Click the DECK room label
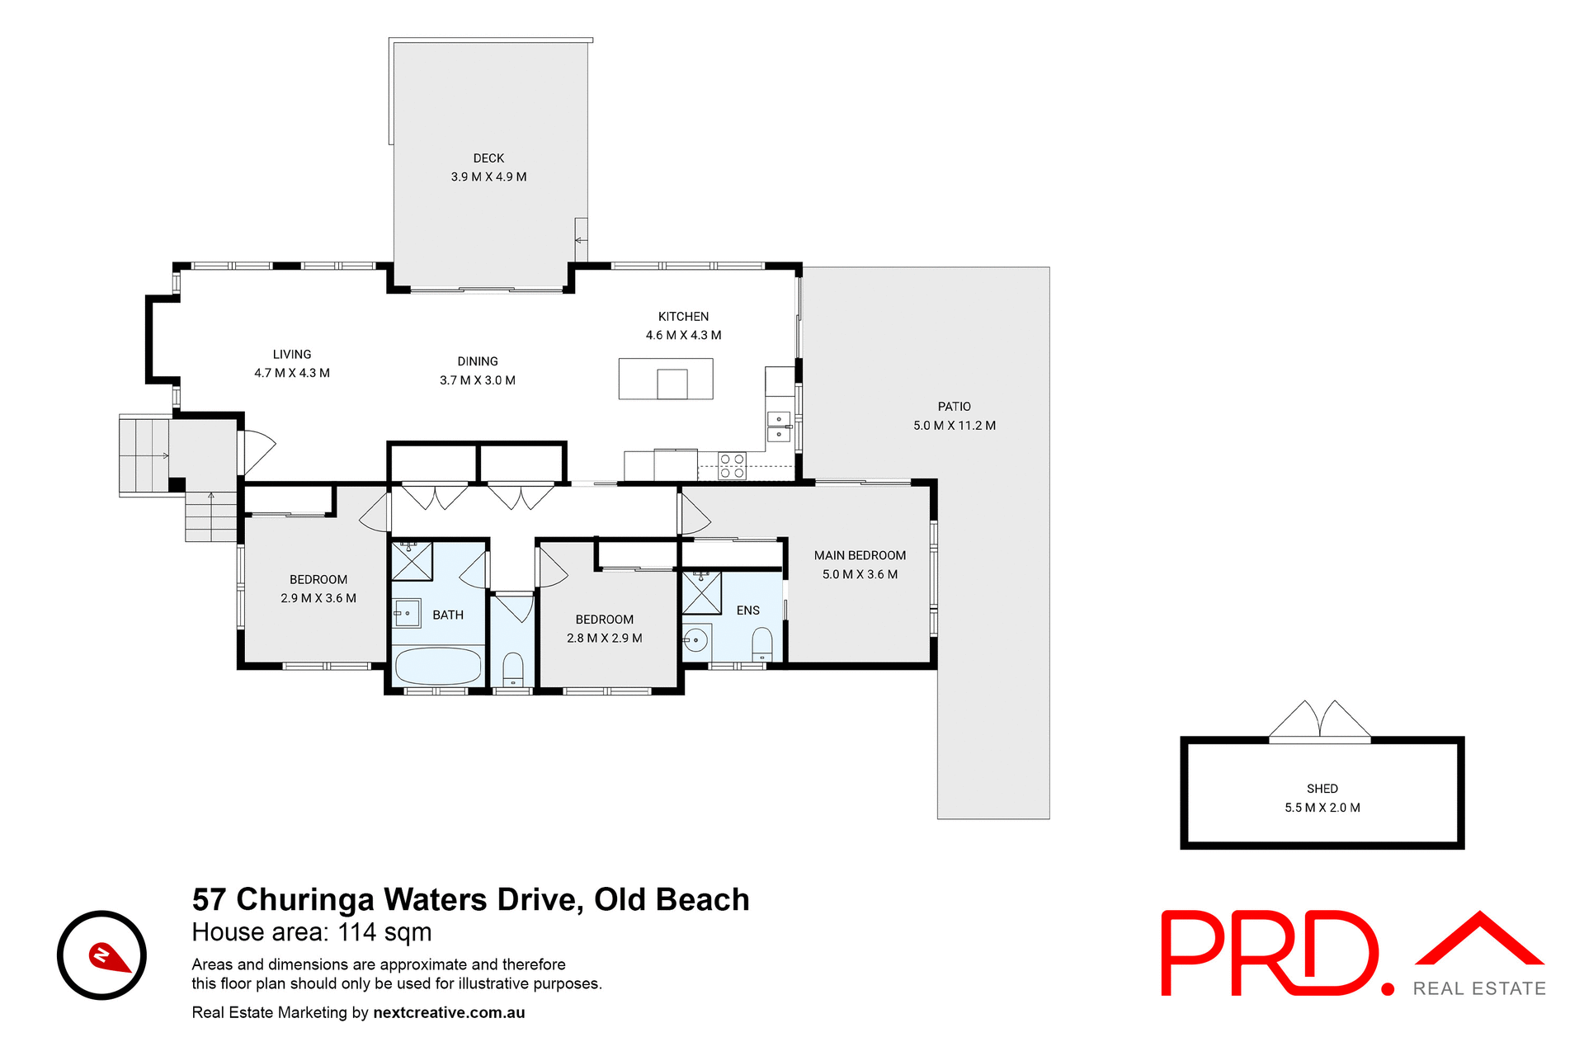point(488,158)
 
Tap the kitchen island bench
point(665,379)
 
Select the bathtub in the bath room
point(438,665)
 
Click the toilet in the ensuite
point(762,643)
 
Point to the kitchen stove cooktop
point(732,466)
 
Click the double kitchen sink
point(779,427)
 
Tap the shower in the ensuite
point(701,592)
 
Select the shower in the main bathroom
point(411,561)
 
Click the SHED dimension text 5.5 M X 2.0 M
point(1322,808)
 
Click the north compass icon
point(102,955)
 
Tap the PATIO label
point(954,407)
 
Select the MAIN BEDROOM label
point(860,555)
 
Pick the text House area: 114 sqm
point(312,932)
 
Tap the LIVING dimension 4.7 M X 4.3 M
point(292,373)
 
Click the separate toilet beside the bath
point(512,668)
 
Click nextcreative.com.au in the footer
point(449,1012)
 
